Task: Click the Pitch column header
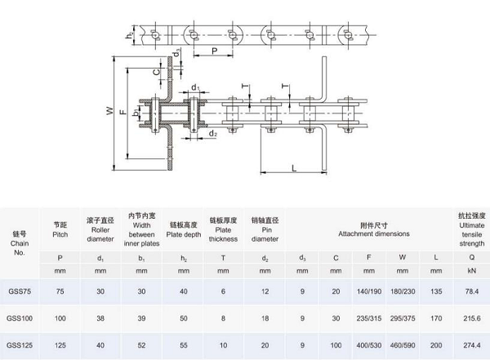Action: click(x=60, y=229)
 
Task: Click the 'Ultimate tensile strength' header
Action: click(x=471, y=229)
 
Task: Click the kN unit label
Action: click(x=471, y=269)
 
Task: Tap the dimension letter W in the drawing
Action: click(x=109, y=111)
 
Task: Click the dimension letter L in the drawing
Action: click(x=292, y=167)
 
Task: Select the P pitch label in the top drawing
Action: click(x=214, y=51)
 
